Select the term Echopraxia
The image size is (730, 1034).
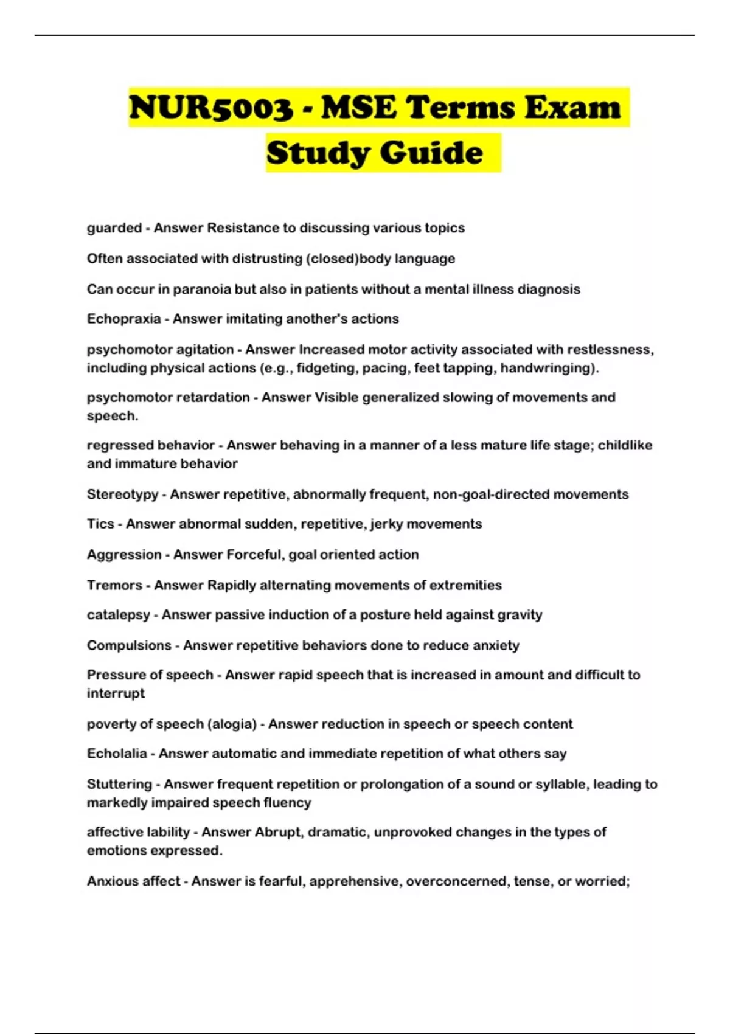click(123, 319)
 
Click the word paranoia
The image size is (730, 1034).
click(202, 289)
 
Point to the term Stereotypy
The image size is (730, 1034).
click(122, 494)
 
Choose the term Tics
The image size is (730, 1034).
click(100, 524)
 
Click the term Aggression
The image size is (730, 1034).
click(124, 555)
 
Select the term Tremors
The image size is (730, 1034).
click(114, 585)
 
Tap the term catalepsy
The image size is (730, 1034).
click(118, 615)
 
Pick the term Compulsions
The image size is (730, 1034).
click(129, 645)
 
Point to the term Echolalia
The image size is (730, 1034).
click(117, 754)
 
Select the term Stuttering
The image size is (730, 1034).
click(119, 784)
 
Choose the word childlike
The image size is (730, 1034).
click(625, 445)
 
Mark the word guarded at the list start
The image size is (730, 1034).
click(114, 228)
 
